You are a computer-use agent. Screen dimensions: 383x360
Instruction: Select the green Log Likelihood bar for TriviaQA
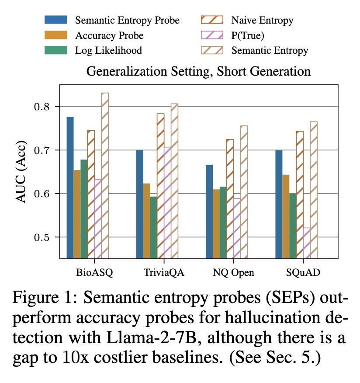[153, 227]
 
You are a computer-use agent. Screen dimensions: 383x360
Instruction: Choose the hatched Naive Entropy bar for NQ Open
[230, 198]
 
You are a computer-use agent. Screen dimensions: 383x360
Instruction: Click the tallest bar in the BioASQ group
[104, 175]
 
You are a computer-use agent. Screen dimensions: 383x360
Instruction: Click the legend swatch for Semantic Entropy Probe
[55, 20]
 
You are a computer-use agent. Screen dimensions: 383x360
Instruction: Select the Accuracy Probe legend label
[109, 35]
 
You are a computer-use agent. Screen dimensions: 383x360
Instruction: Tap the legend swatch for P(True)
[212, 35]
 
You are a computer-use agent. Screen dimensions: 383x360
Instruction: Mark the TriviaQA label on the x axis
[163, 273]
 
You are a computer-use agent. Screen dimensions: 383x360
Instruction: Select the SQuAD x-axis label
[303, 273]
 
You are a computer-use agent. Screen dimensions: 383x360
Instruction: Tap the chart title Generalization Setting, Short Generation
[198, 71]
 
